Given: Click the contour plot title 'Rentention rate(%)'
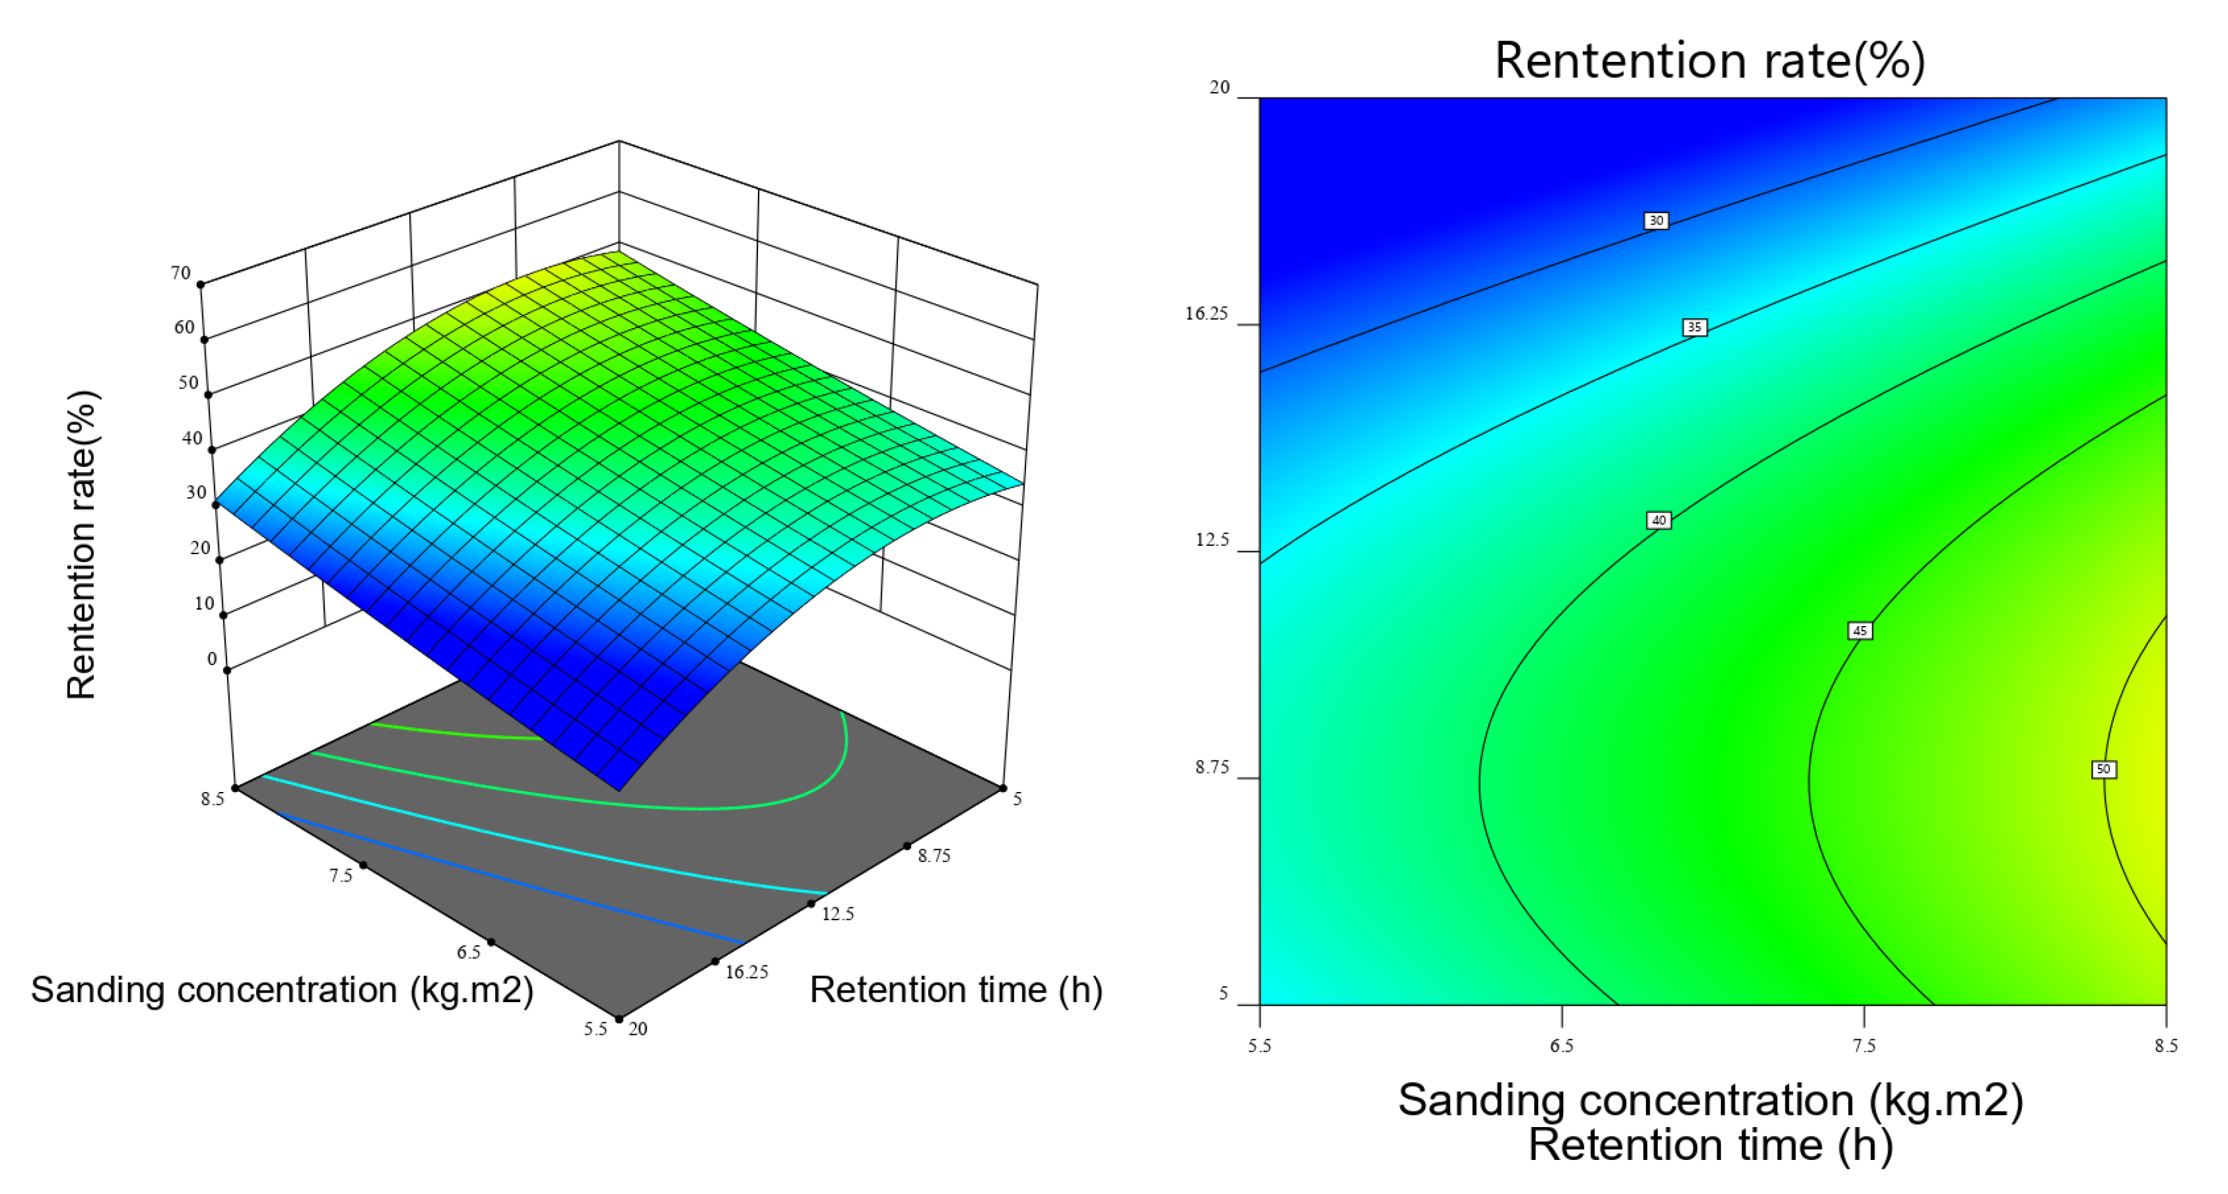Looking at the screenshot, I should pos(1710,61).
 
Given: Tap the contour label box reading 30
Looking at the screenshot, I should pos(1655,221).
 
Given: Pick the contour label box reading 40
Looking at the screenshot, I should pos(1658,520).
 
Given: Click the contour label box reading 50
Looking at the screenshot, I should pos(2104,769).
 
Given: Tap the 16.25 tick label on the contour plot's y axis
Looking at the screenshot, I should pos(1206,313).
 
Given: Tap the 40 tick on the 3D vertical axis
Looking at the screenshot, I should pos(192,438).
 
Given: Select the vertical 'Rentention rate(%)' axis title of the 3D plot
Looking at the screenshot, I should pos(82,545).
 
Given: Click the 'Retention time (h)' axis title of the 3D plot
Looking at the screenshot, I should pos(956,990).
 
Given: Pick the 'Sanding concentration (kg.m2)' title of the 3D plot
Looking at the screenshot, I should pos(282,990).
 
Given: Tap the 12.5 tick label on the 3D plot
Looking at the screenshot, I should pos(837,914).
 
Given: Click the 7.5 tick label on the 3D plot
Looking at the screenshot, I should pos(341,875).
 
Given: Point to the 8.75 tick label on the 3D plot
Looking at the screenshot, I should pos(934,856).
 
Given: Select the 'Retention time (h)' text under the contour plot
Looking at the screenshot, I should pos(1710,1145).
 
